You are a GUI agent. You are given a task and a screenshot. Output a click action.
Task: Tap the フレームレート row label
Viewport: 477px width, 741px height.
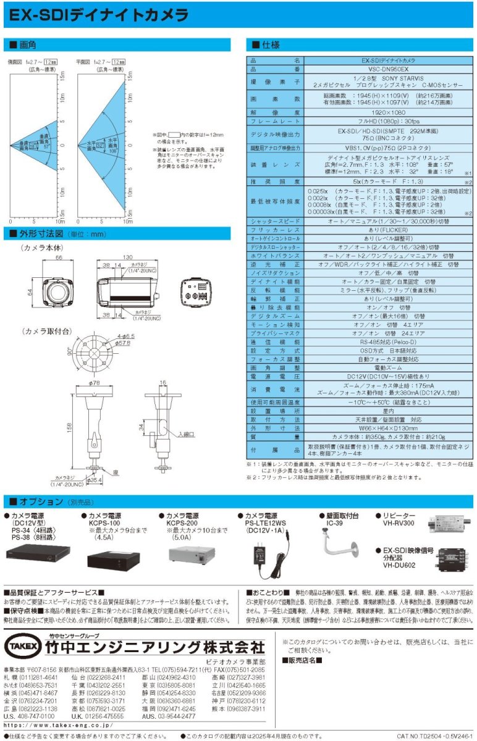(x=275, y=122)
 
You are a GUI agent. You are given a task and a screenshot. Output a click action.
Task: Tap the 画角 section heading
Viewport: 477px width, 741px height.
(x=28, y=45)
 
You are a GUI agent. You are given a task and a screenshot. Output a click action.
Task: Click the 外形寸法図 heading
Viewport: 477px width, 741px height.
(x=46, y=234)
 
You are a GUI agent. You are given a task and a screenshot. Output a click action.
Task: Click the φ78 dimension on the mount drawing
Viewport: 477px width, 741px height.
(x=95, y=383)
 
